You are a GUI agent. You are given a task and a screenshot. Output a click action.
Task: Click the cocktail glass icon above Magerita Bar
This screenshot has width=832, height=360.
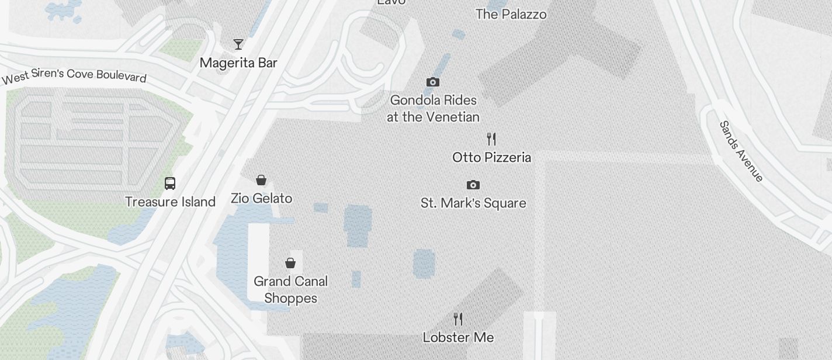pos(238,44)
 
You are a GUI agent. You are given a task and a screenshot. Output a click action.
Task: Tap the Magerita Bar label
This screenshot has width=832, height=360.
pos(238,63)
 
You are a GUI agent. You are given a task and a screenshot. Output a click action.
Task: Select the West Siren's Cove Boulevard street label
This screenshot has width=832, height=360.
pos(74,77)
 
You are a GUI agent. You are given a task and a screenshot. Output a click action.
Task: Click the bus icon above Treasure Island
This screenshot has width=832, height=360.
pos(170,184)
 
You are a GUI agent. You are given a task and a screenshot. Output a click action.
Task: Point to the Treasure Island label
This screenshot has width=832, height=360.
pos(170,202)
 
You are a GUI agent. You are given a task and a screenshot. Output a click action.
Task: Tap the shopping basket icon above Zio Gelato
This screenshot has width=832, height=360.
pos(261,180)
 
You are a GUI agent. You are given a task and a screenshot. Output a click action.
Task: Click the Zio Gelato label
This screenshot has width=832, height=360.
pos(261,199)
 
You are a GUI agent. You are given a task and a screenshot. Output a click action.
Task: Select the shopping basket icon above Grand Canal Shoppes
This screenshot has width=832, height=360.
pos(290,263)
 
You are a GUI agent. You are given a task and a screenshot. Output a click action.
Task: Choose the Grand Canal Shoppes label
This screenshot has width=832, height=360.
pos(290,290)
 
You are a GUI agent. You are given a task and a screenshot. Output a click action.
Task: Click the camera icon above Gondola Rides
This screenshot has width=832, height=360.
pos(433,82)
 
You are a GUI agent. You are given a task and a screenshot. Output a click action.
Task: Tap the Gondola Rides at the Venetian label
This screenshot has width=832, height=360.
pos(433,109)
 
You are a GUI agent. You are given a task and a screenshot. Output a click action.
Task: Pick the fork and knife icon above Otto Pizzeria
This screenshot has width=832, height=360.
pos(491,139)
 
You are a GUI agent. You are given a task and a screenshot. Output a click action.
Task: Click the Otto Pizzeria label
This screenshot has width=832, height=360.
pos(491,158)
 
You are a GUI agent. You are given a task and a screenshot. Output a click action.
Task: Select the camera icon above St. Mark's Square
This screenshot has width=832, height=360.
pos(473,185)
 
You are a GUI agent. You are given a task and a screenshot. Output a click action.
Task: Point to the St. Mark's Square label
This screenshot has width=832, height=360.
pos(473,203)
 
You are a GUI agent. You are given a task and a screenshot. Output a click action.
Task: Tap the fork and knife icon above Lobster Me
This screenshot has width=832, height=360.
pos(458,319)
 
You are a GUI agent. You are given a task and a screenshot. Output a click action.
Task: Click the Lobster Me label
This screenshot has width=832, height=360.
pos(458,338)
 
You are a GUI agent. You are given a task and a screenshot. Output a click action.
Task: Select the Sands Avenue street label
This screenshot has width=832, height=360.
pos(741,151)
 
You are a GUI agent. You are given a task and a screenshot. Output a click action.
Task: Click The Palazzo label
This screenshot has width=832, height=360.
pos(511,14)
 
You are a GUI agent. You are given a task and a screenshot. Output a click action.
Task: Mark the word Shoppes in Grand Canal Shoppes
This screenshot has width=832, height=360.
pos(290,299)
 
